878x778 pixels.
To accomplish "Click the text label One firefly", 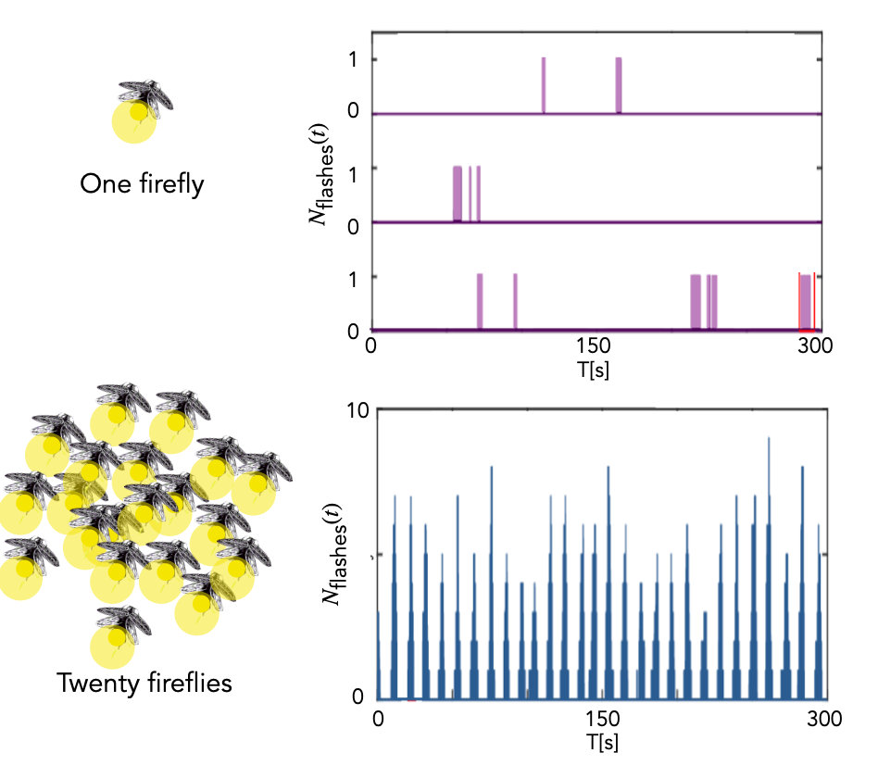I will [x=142, y=184].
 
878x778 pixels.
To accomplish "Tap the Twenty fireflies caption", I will [x=144, y=684].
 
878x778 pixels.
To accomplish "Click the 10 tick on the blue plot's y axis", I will [x=357, y=410].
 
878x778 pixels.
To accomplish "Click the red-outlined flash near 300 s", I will [x=806, y=302].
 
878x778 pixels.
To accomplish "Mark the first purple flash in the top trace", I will [x=544, y=85].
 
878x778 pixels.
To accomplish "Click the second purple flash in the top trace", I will [x=619, y=85].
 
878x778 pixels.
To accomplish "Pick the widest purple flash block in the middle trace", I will [x=457, y=194].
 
